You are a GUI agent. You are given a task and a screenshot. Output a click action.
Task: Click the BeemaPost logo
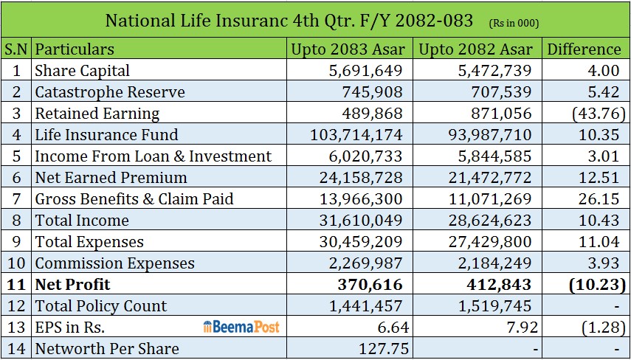[241, 327]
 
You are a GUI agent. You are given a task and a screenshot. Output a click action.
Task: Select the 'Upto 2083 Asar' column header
[348, 49]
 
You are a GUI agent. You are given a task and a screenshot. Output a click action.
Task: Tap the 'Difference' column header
[584, 49]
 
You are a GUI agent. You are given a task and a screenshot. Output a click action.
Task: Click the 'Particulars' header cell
[75, 49]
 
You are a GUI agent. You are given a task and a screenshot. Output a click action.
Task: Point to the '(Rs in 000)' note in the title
[514, 24]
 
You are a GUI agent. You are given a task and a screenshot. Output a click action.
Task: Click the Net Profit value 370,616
[370, 284]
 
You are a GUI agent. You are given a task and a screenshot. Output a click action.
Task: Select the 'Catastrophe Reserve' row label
[110, 91]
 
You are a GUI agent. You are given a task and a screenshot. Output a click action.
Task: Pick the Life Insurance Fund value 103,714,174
[356, 134]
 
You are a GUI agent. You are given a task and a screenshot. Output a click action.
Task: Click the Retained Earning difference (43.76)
[599, 114]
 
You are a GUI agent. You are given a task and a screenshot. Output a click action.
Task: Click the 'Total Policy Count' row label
[101, 305]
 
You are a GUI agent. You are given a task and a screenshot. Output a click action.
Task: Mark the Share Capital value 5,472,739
[494, 70]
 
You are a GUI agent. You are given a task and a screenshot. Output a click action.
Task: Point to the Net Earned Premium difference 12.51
[599, 177]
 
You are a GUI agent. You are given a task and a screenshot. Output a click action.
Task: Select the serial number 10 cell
[16, 263]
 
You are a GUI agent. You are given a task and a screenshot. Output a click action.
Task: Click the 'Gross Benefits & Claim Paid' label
[134, 198]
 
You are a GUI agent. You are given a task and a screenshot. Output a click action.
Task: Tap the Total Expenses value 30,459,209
[361, 242]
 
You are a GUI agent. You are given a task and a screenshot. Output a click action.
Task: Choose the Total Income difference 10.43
[599, 221]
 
